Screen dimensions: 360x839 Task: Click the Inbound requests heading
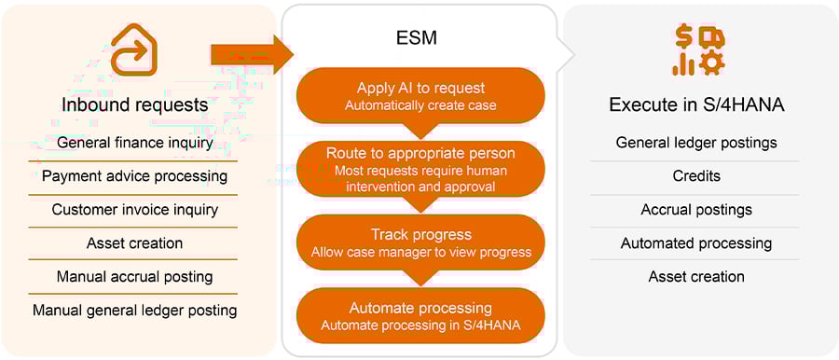(134, 104)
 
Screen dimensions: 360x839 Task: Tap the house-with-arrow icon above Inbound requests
(134, 48)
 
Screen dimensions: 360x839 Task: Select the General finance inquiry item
(134, 143)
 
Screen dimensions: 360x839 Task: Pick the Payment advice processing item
(134, 175)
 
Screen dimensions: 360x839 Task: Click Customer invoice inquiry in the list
(134, 209)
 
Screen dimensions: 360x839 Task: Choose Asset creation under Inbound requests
(134, 242)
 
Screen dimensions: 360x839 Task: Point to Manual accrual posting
(134, 276)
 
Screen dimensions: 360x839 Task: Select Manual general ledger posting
(134, 310)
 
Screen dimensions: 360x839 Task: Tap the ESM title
(419, 39)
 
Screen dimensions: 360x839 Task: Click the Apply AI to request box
(420, 96)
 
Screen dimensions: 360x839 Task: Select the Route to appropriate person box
(420, 169)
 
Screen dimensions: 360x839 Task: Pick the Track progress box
(420, 242)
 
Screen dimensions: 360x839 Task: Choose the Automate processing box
(420, 315)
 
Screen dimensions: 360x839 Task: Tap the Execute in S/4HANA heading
(696, 104)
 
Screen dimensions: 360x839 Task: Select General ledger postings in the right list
(696, 143)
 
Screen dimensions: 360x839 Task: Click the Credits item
(696, 175)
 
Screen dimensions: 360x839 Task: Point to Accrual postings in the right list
(696, 209)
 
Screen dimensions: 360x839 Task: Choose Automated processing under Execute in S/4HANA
(696, 242)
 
